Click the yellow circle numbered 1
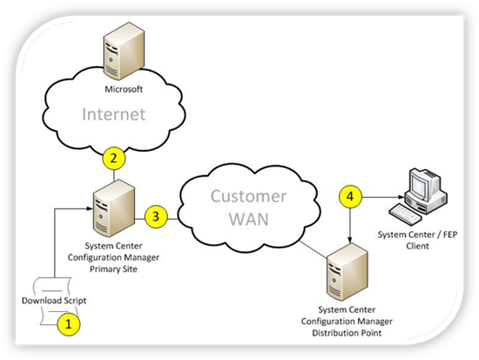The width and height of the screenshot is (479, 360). pos(69,324)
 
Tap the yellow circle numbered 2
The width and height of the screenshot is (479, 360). pos(114,159)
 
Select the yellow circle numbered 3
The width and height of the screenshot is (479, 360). pos(156,216)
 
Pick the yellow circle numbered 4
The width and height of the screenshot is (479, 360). pos(350,196)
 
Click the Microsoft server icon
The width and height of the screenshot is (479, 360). pos(124,51)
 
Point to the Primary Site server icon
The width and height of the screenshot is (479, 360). pos(114,208)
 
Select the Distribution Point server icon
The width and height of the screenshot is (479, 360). pos(347,272)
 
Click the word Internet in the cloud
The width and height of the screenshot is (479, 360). pos(113,114)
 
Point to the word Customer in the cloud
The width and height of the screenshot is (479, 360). pos(249,196)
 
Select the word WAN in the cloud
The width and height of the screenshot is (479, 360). pos(249,219)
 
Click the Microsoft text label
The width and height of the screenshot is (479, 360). pos(124,89)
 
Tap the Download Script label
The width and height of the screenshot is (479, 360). pos(54,301)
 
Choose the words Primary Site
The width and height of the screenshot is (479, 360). pos(113,269)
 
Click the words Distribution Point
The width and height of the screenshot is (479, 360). pos(347,333)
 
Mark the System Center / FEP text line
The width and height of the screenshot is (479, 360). pos(417,234)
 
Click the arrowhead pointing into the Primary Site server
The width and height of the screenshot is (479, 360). pos(90,208)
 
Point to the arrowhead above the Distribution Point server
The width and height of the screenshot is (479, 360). pos(350,240)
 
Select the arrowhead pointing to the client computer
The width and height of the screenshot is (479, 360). pos(401,197)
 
